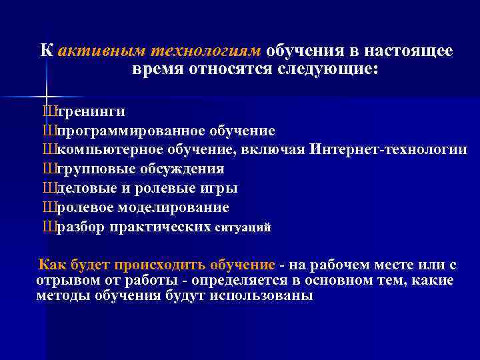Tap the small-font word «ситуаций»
[x=243, y=228]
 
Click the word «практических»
[x=162, y=227]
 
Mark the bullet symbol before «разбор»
[x=47, y=227]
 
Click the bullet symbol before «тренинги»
[x=47, y=111]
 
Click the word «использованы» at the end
[x=271, y=296]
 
